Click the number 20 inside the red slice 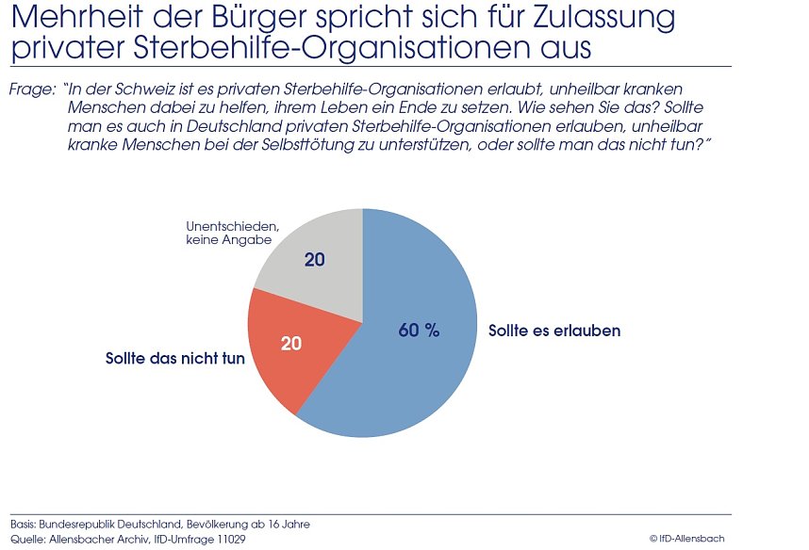click(x=291, y=344)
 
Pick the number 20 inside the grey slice click(x=315, y=259)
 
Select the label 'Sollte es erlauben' click(x=553, y=332)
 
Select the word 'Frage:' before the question click(x=31, y=90)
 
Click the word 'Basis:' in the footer click(x=25, y=524)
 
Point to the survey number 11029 click(x=230, y=538)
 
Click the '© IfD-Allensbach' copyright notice click(x=686, y=538)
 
